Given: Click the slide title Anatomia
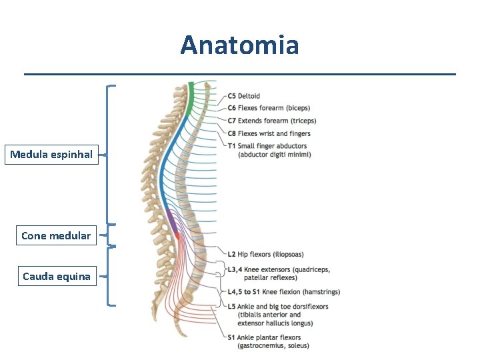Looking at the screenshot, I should click(x=239, y=45).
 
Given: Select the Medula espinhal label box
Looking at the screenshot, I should click(x=51, y=155).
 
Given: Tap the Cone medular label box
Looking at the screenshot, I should click(x=56, y=235).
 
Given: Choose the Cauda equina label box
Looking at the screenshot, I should click(x=57, y=276).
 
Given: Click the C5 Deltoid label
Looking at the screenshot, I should click(x=244, y=96).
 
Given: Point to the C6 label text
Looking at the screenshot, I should click(x=232, y=108).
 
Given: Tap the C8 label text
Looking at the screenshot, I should click(x=232, y=133).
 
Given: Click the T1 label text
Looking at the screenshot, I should click(x=232, y=146).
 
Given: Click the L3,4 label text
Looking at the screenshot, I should click(x=235, y=269).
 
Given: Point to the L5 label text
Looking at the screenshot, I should click(x=232, y=307).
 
